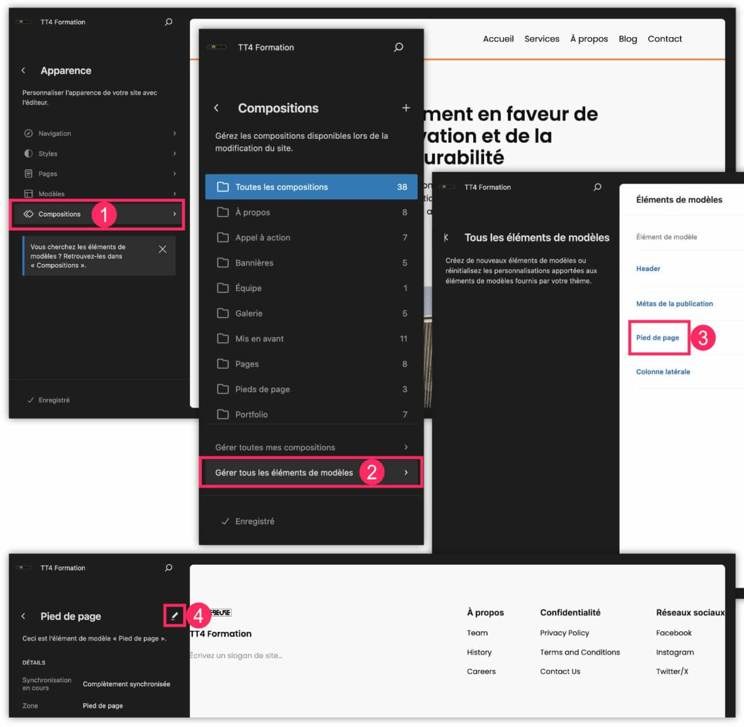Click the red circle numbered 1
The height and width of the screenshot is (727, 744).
[x=104, y=214]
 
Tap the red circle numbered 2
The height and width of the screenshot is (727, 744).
[x=372, y=472]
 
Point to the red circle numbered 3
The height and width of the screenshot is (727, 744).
[x=703, y=337]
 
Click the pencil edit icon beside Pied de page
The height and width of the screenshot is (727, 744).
[x=174, y=616]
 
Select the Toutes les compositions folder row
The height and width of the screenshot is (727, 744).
[x=311, y=187]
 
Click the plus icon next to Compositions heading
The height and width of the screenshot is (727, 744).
[x=406, y=108]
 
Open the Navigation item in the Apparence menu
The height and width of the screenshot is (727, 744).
[x=55, y=134]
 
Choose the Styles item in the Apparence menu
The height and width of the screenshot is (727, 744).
[x=48, y=154]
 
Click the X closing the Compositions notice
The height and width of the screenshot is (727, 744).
[x=163, y=249]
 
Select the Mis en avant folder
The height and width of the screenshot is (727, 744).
[x=259, y=339]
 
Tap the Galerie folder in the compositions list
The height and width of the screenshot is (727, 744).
[x=249, y=314]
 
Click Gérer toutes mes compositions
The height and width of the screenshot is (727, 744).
[x=275, y=447]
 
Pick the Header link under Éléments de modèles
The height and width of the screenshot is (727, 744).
[x=648, y=269]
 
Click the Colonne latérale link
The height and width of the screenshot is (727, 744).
[x=663, y=372]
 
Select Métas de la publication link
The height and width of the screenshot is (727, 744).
[x=674, y=304]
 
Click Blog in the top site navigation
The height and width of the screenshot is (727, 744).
[x=628, y=39]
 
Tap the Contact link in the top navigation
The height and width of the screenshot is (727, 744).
[x=665, y=39]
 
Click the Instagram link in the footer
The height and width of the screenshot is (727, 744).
[x=675, y=652]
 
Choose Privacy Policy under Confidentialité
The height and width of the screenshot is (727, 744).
[x=564, y=633]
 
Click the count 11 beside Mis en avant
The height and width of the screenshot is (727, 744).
[x=403, y=339]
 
